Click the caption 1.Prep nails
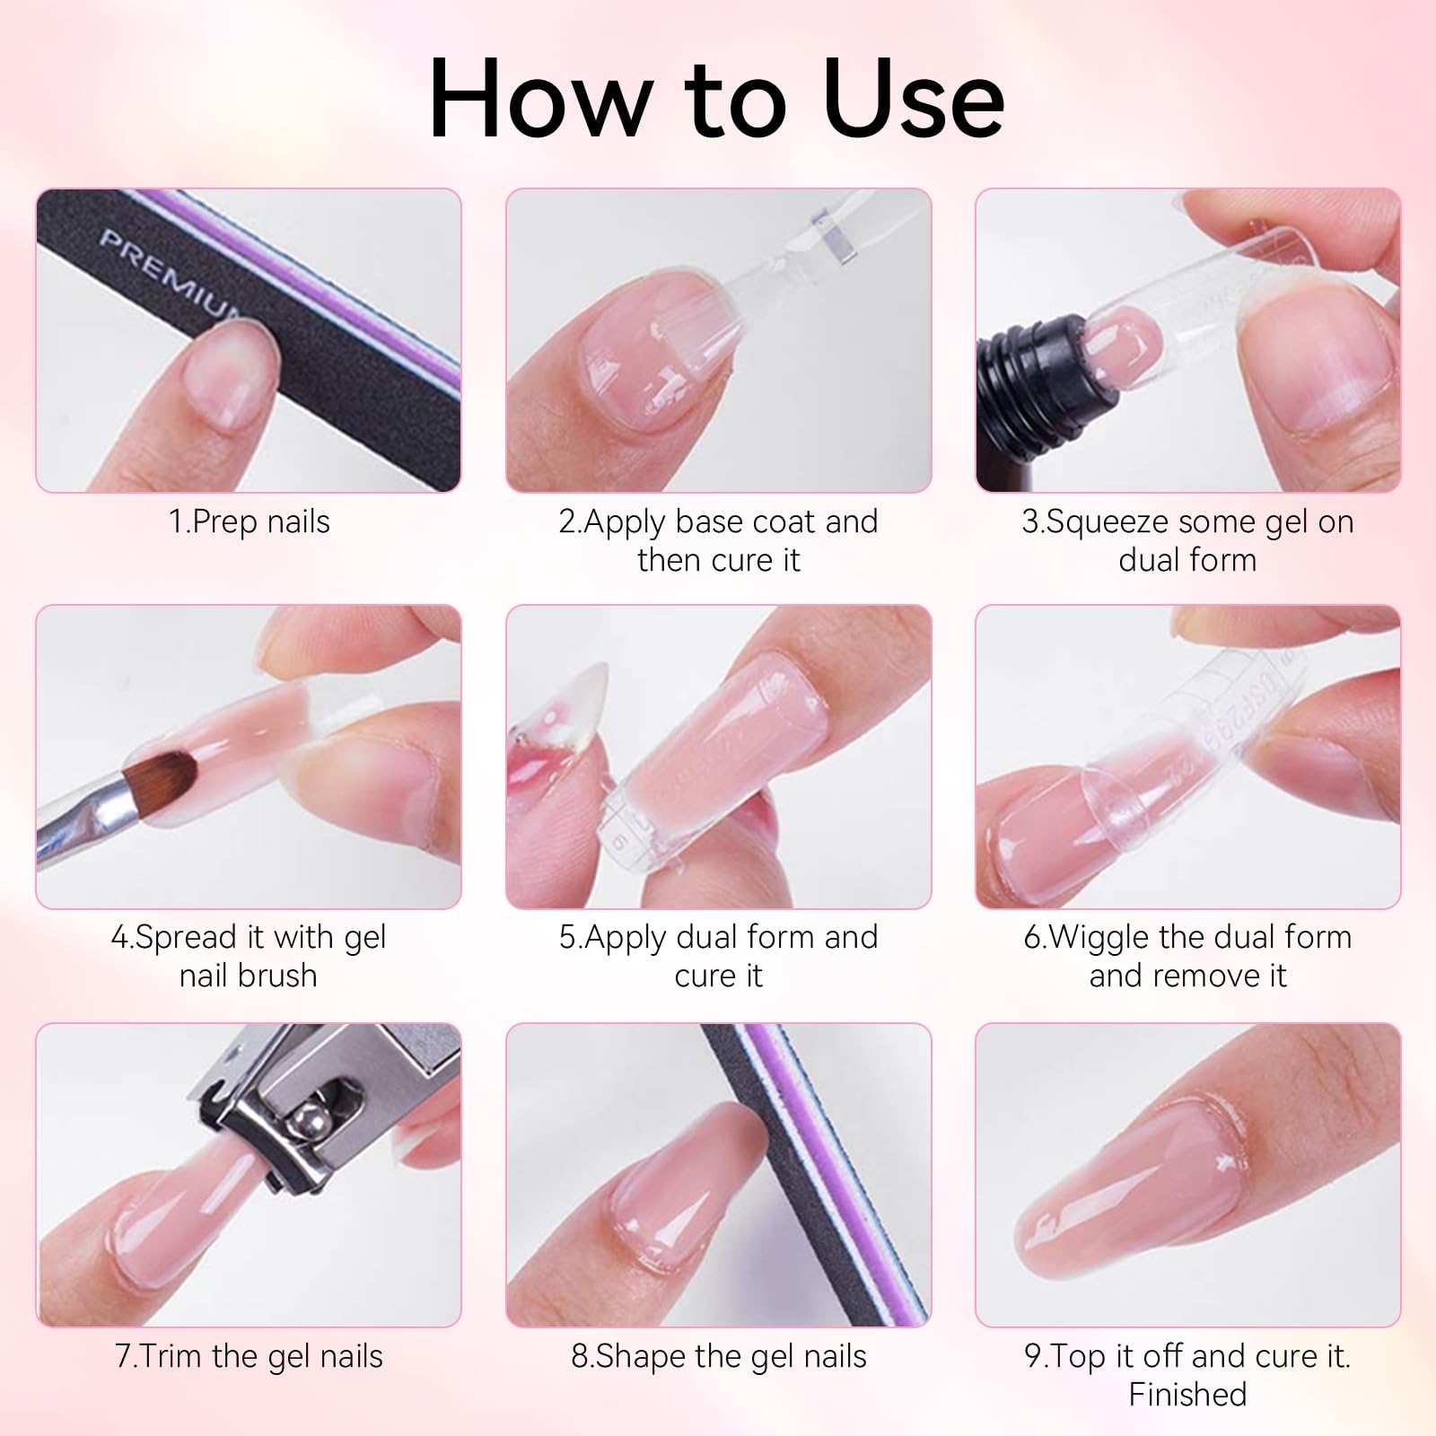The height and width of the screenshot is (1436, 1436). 250,522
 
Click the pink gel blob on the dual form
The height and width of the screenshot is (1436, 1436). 1123,342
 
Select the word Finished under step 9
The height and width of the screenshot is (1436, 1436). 1187,1395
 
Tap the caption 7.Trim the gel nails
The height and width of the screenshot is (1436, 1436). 250,1356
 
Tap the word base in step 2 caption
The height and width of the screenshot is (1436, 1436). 709,522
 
